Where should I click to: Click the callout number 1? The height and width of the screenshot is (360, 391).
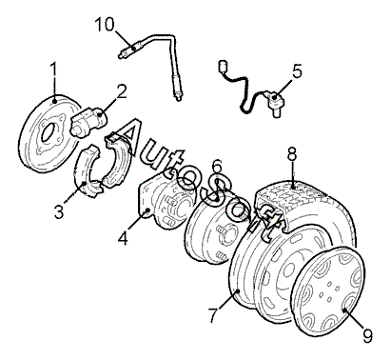[54, 70]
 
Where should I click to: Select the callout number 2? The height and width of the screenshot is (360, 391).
[120, 91]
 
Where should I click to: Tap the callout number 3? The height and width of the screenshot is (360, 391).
[59, 212]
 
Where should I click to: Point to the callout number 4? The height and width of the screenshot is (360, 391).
[123, 237]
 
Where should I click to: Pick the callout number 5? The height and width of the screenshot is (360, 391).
[297, 70]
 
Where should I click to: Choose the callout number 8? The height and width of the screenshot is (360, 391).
[291, 154]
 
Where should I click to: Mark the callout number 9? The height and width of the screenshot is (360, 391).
[367, 335]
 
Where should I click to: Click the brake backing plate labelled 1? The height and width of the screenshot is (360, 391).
[49, 133]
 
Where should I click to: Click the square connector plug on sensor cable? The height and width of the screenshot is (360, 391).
[223, 67]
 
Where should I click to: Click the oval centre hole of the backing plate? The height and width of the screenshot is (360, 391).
[47, 133]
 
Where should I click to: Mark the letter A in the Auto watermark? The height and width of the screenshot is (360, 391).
[131, 140]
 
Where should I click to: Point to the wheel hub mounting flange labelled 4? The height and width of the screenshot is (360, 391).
[163, 200]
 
